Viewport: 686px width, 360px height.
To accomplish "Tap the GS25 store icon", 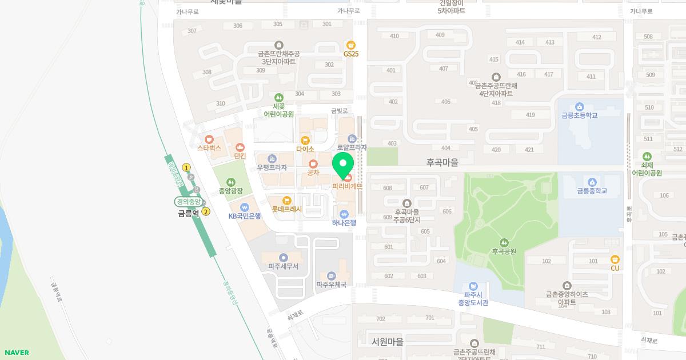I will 351,45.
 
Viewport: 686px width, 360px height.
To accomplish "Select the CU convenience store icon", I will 615,259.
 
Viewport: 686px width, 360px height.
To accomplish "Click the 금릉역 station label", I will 188,213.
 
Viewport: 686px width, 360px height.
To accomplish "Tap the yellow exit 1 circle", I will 186,167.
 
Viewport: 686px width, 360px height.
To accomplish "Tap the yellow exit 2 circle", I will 206,211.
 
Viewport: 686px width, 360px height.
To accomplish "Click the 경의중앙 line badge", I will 188,202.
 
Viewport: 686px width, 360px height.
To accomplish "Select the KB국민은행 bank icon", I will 245,207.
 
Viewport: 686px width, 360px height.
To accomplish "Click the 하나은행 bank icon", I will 344,214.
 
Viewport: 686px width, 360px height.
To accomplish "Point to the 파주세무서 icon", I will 284,258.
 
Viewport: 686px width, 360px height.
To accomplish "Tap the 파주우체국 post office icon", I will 331,276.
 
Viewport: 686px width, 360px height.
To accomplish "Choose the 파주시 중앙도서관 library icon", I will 473,286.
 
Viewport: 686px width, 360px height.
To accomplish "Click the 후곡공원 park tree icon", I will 504,242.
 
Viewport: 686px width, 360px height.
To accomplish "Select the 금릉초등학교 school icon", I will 580,107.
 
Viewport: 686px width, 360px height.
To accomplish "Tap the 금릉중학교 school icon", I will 592,182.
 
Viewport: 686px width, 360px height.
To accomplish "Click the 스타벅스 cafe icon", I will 209,139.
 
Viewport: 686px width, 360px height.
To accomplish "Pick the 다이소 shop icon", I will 305,140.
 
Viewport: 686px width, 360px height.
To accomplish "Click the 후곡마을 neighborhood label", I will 442,162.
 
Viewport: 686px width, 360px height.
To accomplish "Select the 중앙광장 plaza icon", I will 231,182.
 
